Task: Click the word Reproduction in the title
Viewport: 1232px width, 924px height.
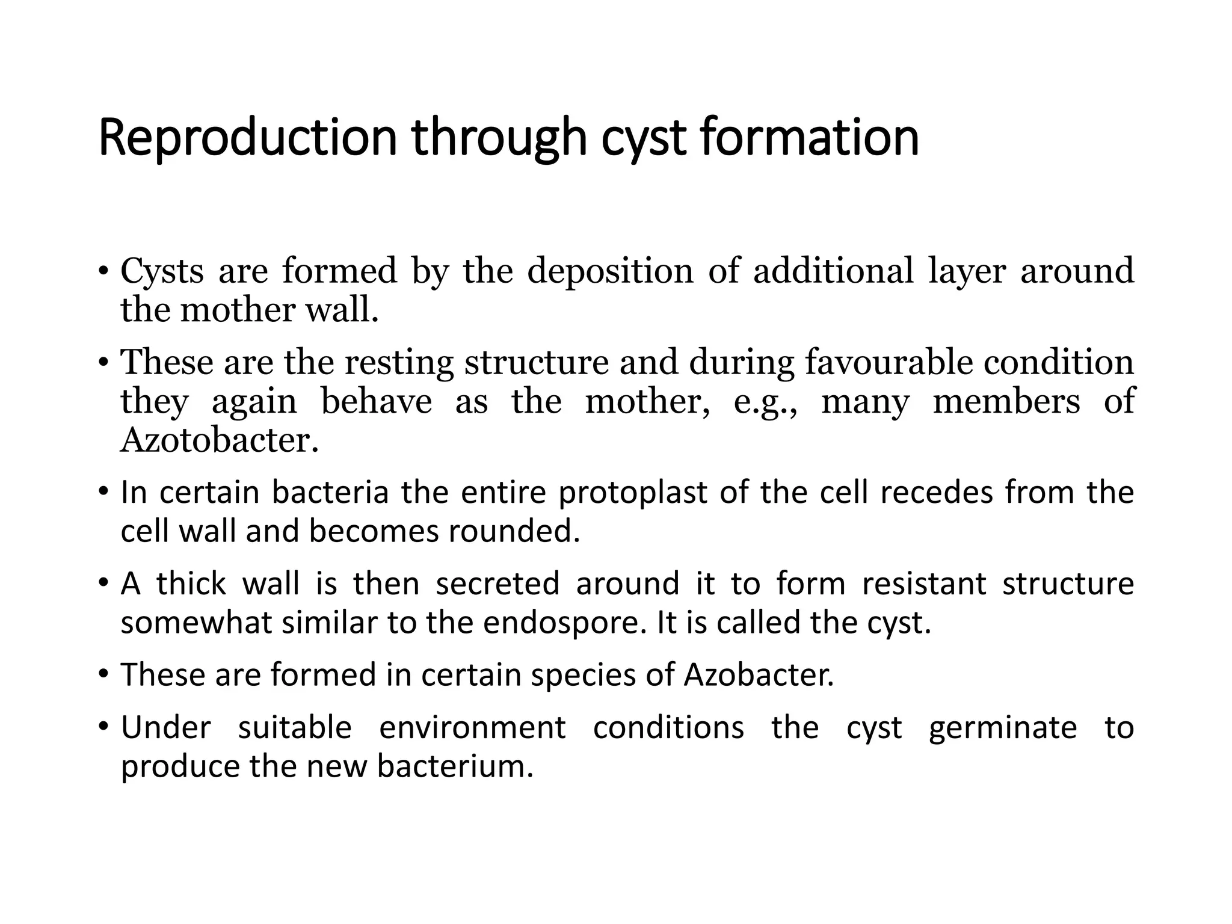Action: click(247, 138)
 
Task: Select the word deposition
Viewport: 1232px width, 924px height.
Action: click(610, 272)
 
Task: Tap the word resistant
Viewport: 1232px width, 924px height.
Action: click(924, 584)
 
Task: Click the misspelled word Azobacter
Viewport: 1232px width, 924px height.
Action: click(759, 675)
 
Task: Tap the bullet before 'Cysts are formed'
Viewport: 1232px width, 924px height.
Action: click(104, 271)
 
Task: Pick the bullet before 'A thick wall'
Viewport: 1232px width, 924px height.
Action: click(104, 584)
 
